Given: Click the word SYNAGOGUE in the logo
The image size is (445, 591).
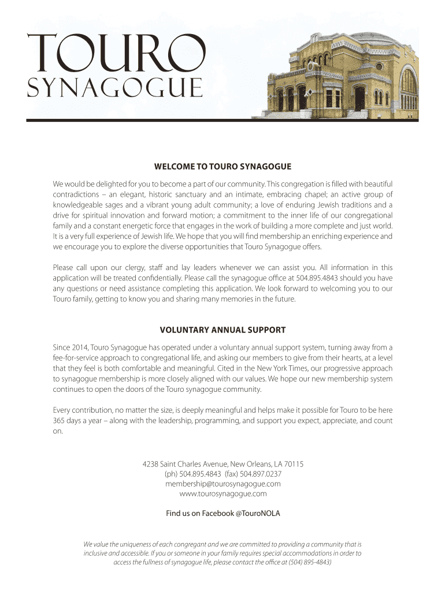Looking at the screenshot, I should pos(115,88).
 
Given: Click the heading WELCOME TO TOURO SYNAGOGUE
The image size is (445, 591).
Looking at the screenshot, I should pos(222,167).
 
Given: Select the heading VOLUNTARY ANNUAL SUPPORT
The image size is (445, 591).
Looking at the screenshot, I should pos(222,330).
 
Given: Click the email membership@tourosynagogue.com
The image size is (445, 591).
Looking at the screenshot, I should pos(222,484).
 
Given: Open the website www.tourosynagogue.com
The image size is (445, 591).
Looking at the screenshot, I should pos(222,494).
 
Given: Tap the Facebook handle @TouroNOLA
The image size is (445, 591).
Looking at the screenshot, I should pos(258,513).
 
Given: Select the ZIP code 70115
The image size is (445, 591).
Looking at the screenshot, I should pos(294,464).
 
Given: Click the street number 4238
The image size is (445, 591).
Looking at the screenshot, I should pos(150,464).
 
